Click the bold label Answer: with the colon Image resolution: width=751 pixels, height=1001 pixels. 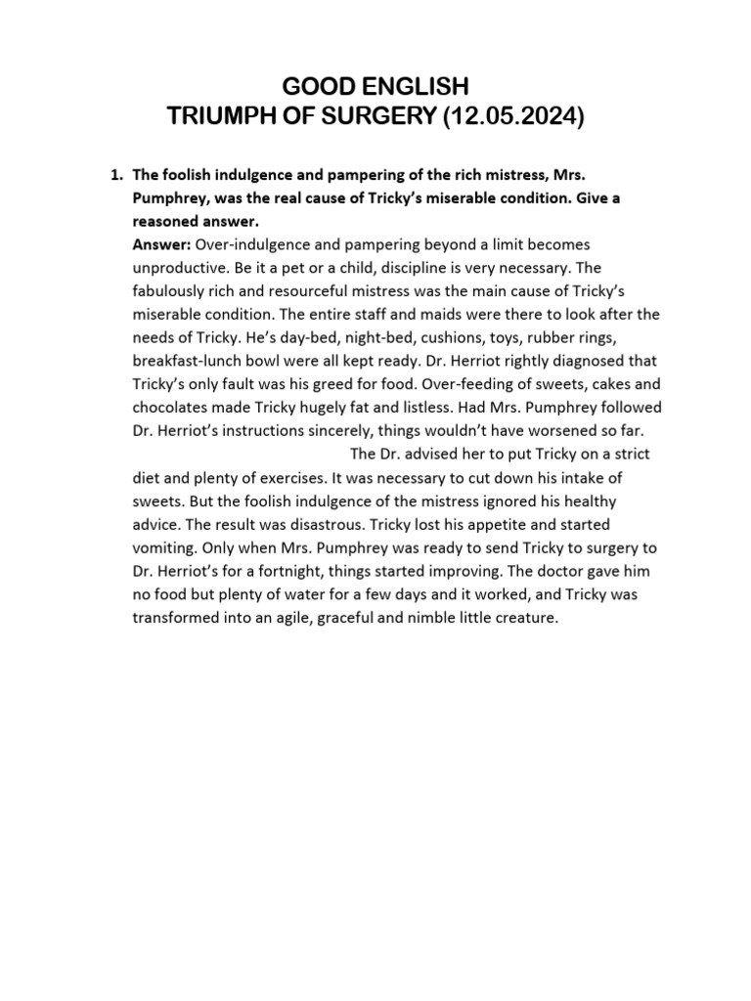(x=162, y=243)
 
